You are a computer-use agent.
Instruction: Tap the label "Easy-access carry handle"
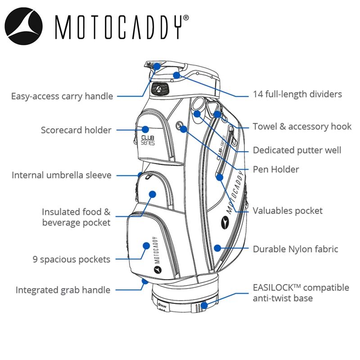(62, 96)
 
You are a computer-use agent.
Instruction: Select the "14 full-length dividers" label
(297, 94)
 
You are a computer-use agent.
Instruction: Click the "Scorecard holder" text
(76, 130)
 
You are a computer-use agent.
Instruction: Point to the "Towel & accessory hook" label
(302, 126)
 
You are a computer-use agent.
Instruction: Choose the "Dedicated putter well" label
(297, 150)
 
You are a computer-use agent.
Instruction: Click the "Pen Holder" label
(276, 169)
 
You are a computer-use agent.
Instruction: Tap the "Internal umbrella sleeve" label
(62, 175)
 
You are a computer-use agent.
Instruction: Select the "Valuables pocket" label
(288, 210)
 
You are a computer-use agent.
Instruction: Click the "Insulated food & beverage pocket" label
(76, 217)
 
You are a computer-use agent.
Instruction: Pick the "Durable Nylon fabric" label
(295, 249)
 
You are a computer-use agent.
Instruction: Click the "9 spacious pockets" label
(72, 259)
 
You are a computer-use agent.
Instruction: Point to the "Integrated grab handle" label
(63, 290)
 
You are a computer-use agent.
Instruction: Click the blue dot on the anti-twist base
(204, 305)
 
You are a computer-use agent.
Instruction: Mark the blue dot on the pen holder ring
(184, 130)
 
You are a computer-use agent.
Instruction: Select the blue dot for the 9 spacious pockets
(146, 245)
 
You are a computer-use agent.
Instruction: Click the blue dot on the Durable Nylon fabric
(218, 248)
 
